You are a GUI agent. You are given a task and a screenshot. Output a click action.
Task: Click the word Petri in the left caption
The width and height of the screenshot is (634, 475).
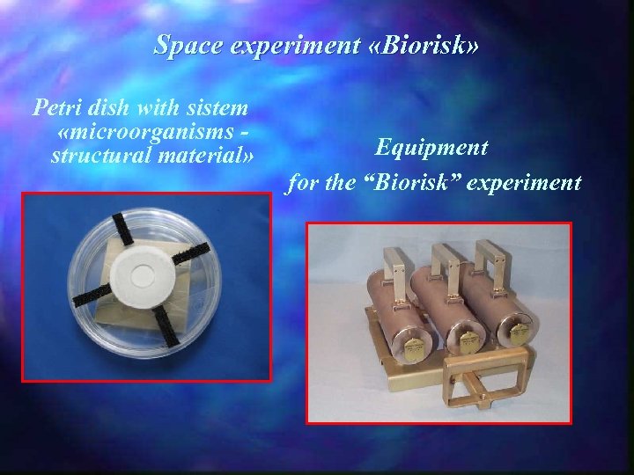[59, 110]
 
